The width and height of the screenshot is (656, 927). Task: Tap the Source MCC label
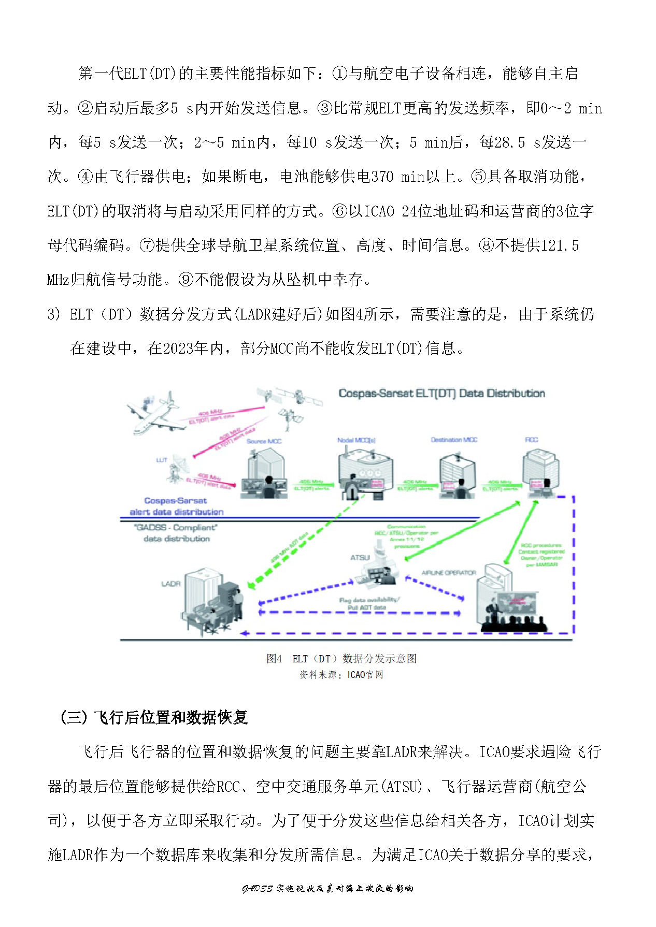[264, 441]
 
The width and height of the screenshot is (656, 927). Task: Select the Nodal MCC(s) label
[356, 440]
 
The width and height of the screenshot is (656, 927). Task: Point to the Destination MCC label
[454, 440]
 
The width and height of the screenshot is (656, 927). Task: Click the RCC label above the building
[532, 440]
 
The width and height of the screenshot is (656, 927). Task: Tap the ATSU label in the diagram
[360, 558]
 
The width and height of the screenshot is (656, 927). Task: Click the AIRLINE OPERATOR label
[449, 573]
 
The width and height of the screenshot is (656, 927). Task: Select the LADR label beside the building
[170, 584]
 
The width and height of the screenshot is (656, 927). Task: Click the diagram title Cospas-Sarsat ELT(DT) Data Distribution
[441, 394]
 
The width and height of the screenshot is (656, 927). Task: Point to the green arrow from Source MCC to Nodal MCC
[311, 485]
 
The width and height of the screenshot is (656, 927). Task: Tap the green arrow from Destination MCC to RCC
[500, 485]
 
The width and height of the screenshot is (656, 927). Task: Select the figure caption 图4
[274, 659]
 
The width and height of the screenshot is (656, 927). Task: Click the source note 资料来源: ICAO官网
[341, 675]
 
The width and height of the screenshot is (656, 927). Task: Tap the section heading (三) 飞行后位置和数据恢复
[154, 717]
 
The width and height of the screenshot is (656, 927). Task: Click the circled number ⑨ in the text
[186, 280]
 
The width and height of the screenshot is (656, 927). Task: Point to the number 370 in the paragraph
[382, 177]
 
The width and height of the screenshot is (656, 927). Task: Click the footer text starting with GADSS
[327, 889]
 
